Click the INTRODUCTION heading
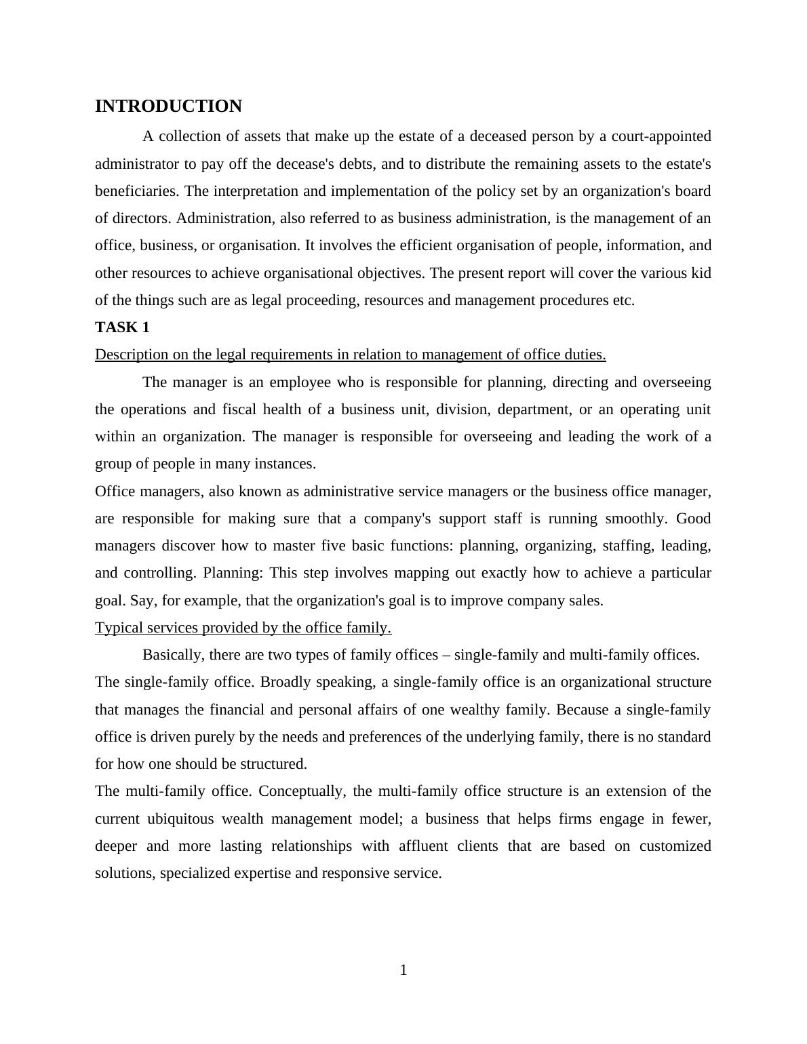click(x=168, y=106)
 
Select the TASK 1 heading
click(x=122, y=327)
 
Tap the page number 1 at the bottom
click(x=403, y=970)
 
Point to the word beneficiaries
click(x=137, y=191)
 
